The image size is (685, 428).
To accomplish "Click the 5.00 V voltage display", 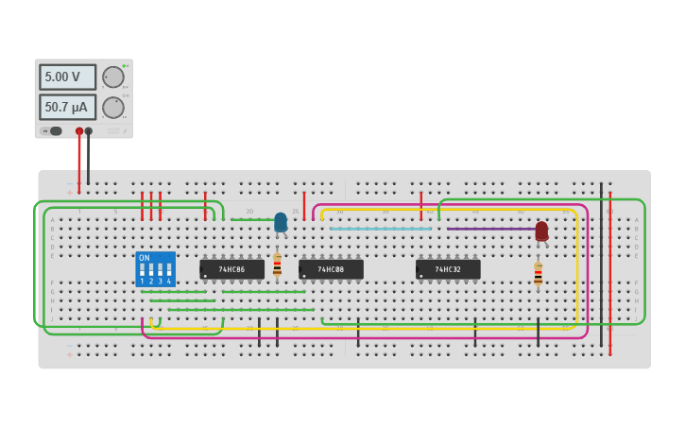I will point(67,77).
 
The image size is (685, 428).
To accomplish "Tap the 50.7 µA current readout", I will point(67,107).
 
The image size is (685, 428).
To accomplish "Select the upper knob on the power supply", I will point(112,77).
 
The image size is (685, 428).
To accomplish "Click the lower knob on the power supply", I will point(112,107).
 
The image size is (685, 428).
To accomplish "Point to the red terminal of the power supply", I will point(79,131).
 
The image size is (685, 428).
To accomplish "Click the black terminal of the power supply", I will point(89,131).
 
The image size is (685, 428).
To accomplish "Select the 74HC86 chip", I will point(231,269).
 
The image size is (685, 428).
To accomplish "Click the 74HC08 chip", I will point(331,269).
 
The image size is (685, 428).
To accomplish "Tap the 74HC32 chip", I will point(448,269).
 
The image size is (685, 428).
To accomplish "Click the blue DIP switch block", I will point(155,269).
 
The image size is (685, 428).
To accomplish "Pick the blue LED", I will point(281,222).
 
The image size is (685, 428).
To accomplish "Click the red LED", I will point(541,231).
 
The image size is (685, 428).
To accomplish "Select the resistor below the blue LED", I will point(277,265).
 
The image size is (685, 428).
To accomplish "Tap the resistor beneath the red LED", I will point(538,274).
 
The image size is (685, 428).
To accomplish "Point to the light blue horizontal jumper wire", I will point(380,229).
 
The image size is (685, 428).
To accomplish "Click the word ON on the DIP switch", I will point(144,258).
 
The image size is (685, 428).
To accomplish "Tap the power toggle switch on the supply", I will point(53,131).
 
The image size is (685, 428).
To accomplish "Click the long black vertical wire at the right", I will point(601,265).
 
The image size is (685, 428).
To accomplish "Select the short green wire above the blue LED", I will point(251,219).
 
